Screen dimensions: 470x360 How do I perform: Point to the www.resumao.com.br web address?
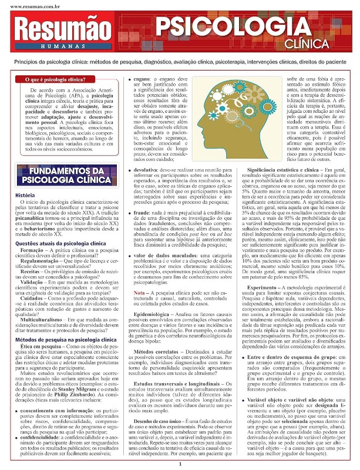tap(26, 5)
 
